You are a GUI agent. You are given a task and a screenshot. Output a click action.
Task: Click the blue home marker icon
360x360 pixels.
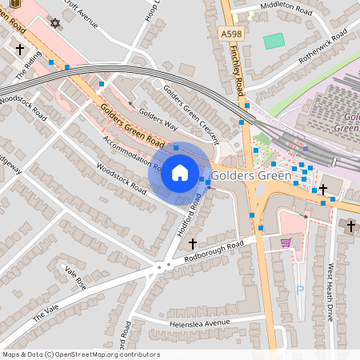[x=180, y=172]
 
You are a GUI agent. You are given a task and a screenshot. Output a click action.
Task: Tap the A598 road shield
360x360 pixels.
[x=230, y=33]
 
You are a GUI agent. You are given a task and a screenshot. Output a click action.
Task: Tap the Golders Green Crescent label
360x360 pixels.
[x=190, y=109]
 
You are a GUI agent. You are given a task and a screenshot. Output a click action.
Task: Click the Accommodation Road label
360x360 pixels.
[x=133, y=154]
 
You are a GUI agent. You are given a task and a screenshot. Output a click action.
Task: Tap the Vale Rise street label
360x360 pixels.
[x=74, y=278]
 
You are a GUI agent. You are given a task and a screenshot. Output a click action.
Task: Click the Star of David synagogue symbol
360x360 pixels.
[x=54, y=22]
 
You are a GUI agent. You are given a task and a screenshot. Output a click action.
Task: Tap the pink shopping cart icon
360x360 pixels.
[x=286, y=242]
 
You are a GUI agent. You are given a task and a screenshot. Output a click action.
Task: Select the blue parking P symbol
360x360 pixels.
[x=300, y=290]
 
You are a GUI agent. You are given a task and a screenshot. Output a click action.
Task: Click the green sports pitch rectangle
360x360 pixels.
[x=274, y=40]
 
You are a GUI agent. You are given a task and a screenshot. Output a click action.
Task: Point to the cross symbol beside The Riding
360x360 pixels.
[x=19, y=49]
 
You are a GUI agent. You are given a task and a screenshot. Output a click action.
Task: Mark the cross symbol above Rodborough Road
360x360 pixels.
[x=192, y=242]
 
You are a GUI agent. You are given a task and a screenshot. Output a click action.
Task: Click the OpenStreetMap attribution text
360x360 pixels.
[x=81, y=354]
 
